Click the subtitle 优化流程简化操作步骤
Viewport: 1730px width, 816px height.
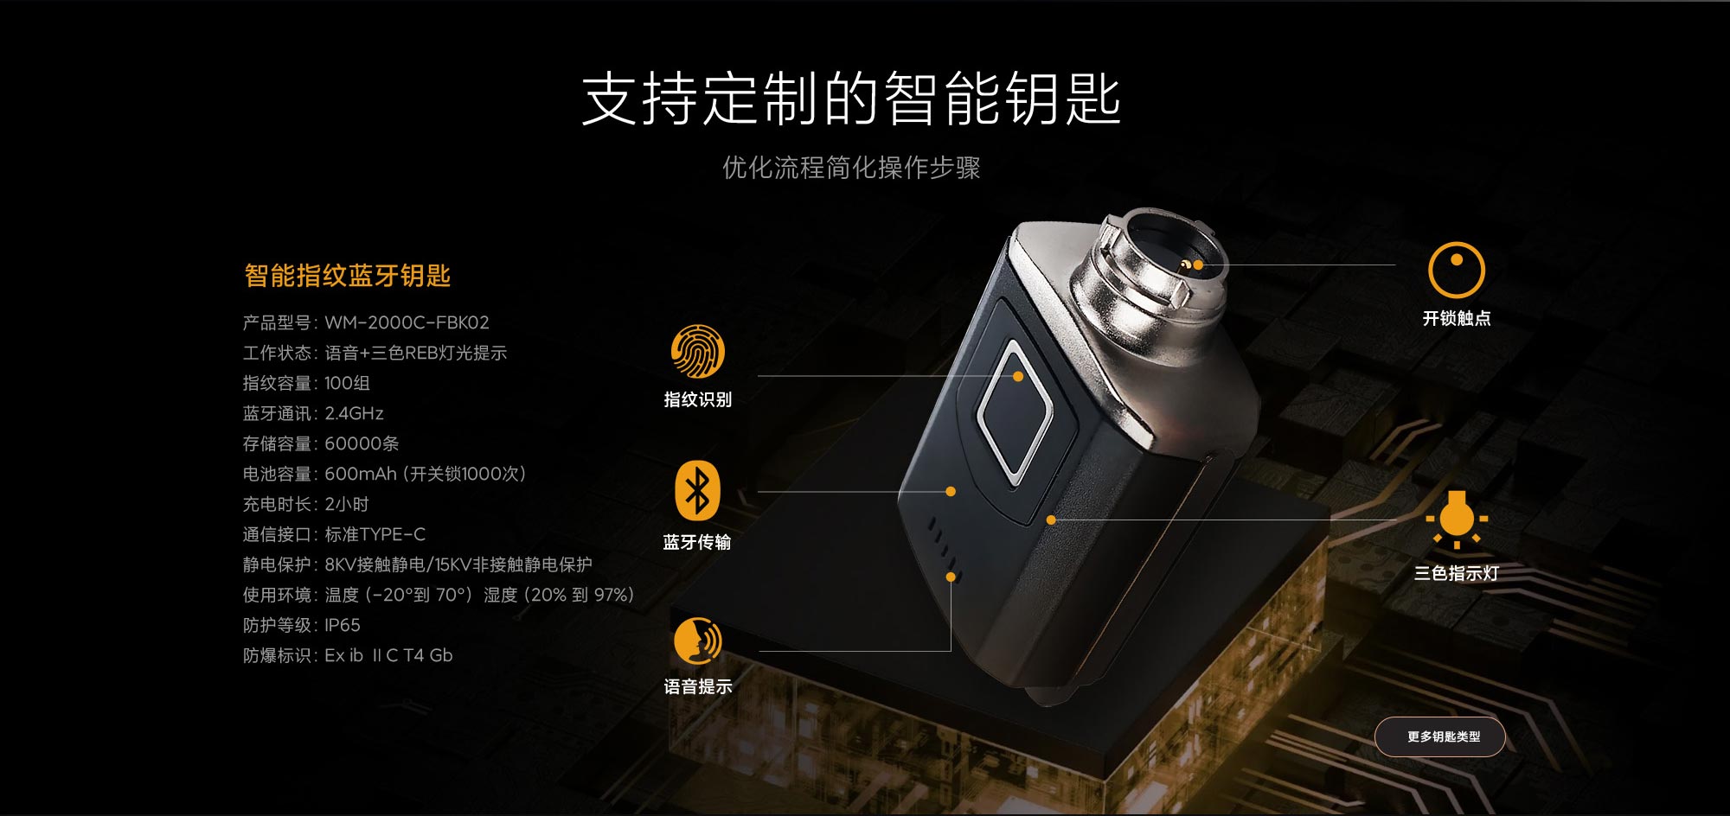click(x=851, y=167)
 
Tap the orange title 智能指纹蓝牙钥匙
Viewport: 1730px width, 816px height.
click(x=347, y=276)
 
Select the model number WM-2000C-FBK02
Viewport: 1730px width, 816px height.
click(x=407, y=322)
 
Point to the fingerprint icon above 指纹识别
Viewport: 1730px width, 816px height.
click(x=697, y=351)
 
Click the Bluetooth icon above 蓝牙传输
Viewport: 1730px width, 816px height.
click(x=697, y=491)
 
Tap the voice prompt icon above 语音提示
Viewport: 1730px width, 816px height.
click(x=697, y=641)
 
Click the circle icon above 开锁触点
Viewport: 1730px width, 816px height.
click(x=1456, y=270)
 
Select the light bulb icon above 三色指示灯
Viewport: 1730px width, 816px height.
click(x=1457, y=519)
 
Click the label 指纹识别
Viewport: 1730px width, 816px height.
click(x=697, y=399)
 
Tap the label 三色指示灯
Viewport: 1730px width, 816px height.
click(x=1457, y=573)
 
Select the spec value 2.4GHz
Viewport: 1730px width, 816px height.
click(x=354, y=413)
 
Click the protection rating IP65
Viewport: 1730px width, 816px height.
click(x=343, y=625)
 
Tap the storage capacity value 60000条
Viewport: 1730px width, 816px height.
click(x=362, y=443)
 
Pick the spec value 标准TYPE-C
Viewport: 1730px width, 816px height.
click(x=375, y=534)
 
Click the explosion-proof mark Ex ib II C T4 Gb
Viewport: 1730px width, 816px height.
click(x=388, y=655)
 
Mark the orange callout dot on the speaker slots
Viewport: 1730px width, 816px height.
click(x=951, y=577)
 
